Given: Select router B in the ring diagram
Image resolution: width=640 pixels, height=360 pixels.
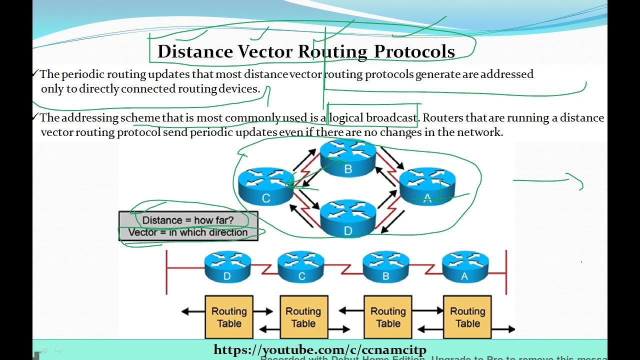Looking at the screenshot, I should [348, 157].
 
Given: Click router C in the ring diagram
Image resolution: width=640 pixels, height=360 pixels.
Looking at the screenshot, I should [265, 185].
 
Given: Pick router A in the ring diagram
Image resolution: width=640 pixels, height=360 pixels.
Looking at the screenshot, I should [427, 185].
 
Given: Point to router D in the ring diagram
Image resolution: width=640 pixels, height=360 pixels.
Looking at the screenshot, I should [348, 218].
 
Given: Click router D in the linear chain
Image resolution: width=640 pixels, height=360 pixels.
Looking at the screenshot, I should [227, 267].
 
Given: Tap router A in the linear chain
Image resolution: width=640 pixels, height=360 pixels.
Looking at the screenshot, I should [465, 267].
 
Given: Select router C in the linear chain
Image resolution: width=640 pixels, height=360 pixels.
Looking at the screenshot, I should [301, 267].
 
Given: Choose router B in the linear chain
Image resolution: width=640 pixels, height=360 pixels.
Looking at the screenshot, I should [386, 267].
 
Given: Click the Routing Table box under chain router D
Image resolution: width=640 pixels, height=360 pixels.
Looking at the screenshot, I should [229, 317].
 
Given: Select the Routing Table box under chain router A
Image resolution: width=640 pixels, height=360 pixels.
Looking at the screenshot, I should [467, 317].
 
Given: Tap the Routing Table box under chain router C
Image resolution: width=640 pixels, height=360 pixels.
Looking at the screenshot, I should [303, 317].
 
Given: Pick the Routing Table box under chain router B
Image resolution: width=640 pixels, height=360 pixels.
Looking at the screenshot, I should [388, 317].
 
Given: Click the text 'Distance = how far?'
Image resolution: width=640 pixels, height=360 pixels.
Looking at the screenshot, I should [188, 220].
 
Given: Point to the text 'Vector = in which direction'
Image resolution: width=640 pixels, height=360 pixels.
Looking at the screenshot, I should [188, 232].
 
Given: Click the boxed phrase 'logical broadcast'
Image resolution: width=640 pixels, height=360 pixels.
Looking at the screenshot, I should [373, 118].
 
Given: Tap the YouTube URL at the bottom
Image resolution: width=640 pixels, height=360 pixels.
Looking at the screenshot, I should [320, 350].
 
